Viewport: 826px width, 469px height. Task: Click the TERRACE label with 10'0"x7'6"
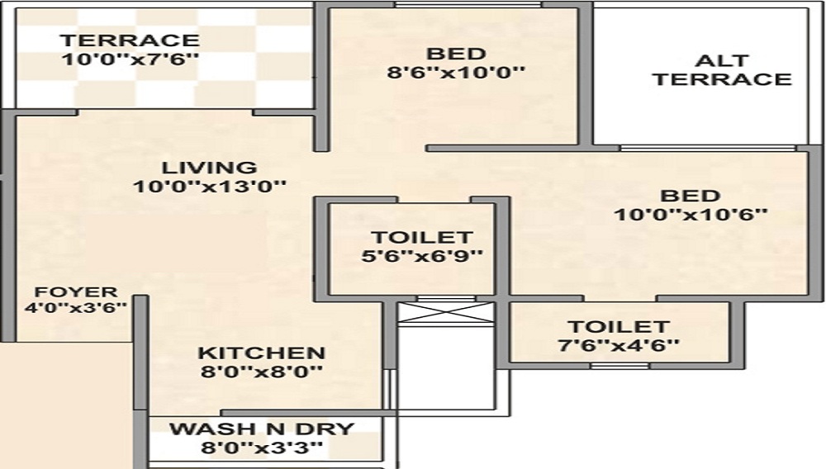coord(130,40)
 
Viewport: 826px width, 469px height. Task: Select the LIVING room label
coord(209,167)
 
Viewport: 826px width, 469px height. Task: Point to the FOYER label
coord(75,292)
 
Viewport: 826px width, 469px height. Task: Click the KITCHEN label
coord(261,353)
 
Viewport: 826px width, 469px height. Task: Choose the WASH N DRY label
coord(261,429)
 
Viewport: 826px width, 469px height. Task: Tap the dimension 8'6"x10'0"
coord(456,72)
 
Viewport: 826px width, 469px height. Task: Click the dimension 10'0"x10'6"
coord(691,215)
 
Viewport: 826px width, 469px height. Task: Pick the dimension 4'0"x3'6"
coord(75,308)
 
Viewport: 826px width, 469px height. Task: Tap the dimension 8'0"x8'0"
coord(261,372)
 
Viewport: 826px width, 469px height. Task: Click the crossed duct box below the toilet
coord(445,313)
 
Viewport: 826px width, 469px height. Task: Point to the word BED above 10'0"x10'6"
coord(691,197)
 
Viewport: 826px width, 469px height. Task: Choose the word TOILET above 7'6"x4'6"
coord(618,327)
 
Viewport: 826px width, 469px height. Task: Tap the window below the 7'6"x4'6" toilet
coord(613,365)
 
